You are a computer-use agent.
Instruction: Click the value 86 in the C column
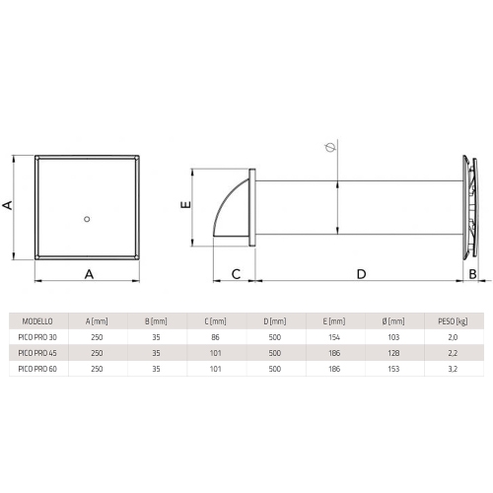215,336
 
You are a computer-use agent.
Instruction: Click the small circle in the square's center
88,217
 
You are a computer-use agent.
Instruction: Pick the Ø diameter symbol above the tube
328,149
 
